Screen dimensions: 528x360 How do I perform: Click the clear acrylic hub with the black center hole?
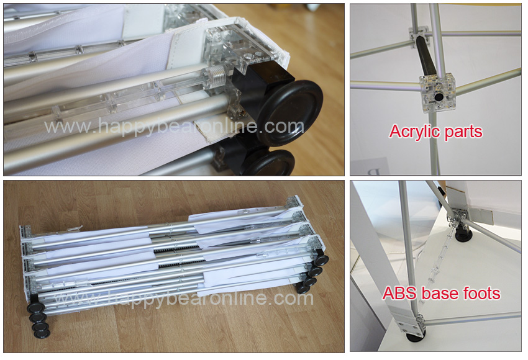[x=437, y=92]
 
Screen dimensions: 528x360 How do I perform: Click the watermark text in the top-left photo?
[x=174, y=127]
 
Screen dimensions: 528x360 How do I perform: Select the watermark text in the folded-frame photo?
[x=184, y=298]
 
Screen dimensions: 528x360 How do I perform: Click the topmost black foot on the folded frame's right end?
[x=321, y=260]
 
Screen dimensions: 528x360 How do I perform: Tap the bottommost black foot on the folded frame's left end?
[x=42, y=333]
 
